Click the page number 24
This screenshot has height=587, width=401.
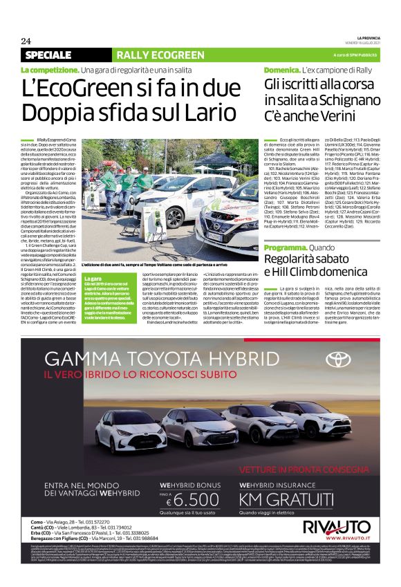click(26, 41)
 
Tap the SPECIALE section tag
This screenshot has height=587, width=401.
click(48, 55)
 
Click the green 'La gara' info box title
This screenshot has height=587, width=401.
click(92, 278)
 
